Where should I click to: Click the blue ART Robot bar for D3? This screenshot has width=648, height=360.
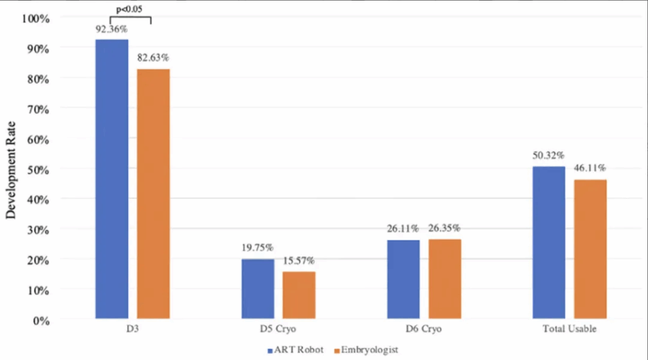pos(111,179)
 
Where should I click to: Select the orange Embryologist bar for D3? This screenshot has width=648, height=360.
pos(153,194)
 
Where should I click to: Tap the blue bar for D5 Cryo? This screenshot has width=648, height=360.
pos(258,289)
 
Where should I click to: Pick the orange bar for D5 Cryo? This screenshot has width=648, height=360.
pos(299,295)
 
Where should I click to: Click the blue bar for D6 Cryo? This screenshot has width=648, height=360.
pos(403,280)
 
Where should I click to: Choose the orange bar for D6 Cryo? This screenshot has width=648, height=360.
pos(445,279)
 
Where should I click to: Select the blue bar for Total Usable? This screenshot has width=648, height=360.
pos(549,242)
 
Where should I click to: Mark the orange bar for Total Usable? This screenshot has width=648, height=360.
pos(590,249)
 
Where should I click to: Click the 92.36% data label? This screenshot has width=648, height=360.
pos(111,29)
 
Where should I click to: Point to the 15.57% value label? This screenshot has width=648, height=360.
pos(299,261)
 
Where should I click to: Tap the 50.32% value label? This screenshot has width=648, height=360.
pos(549,156)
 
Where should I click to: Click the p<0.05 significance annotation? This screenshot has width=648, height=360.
pos(129,9)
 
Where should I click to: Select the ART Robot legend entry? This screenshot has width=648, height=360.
pos(296,350)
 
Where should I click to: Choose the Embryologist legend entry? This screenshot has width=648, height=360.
pos(366,350)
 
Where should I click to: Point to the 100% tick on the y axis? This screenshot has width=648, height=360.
pos(36,19)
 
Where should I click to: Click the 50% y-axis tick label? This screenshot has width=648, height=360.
pos(39,170)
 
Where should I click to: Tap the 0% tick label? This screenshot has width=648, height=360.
pos(41,321)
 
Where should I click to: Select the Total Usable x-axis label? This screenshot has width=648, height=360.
pos(570,329)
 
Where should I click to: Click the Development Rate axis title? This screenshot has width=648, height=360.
pos(11,170)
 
